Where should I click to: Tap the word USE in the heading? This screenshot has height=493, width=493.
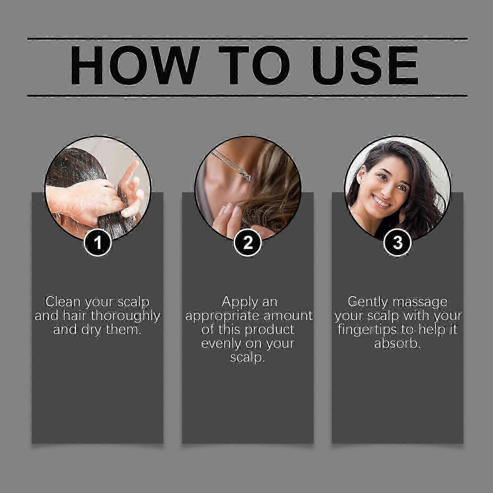pos(364,65)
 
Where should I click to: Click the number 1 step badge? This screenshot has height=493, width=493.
pos(98,243)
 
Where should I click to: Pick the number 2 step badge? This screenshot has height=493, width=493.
pos(248,243)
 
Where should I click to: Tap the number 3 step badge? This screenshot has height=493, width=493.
pos(398,243)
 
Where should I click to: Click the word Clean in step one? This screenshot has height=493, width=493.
pos(63,302)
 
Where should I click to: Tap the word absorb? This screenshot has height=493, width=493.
pos(397,344)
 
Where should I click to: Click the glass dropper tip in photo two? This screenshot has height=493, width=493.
pos(246,177)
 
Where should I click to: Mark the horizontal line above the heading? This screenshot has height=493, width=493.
pos(247,38)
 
